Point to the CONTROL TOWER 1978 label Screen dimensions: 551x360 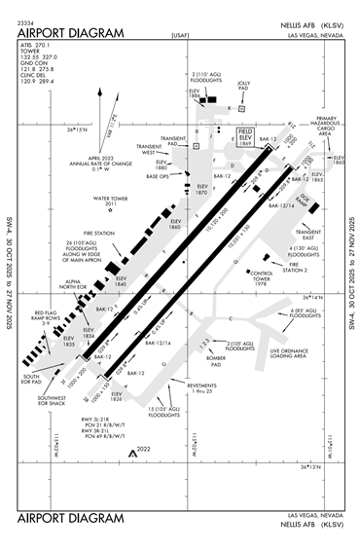click(x=260, y=277)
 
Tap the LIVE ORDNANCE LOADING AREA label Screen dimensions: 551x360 click(x=288, y=351)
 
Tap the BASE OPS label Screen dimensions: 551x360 click(x=158, y=176)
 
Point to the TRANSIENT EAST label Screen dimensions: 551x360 click(x=308, y=235)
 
